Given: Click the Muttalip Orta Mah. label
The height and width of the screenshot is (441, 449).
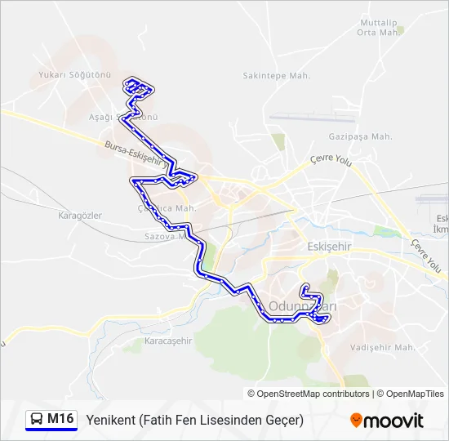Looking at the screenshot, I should click(378, 28).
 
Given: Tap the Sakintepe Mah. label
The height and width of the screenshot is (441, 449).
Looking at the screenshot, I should click(278, 75).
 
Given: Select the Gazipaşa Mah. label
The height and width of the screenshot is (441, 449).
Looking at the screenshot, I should click(360, 136).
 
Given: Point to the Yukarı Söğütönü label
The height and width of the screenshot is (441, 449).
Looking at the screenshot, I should click(74, 74).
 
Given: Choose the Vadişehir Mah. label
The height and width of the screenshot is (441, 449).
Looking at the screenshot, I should click(383, 347).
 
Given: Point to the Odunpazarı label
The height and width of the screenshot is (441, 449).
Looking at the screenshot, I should click(303, 305).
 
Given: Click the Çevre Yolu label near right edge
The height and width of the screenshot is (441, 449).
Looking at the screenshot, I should click(426, 256).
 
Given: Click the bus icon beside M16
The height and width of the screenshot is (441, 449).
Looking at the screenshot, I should click(37, 420).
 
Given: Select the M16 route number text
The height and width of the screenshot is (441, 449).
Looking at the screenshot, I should click(61, 420).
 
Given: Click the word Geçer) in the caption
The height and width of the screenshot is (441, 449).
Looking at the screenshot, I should click(282, 420).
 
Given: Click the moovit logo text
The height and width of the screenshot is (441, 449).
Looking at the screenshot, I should click(394, 421).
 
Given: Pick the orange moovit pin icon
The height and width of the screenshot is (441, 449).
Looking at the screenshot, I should click(356, 421).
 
